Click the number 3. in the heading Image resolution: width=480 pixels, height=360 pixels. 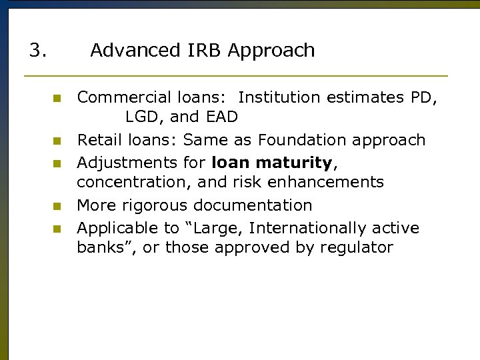[x=37, y=51]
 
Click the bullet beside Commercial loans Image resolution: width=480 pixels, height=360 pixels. [x=57, y=98]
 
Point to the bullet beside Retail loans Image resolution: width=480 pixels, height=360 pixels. [x=57, y=141]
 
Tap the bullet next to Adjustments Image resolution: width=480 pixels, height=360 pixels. [x=57, y=163]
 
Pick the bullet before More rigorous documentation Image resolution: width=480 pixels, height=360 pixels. [x=57, y=206]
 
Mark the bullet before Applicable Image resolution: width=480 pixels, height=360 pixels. [x=57, y=229]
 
